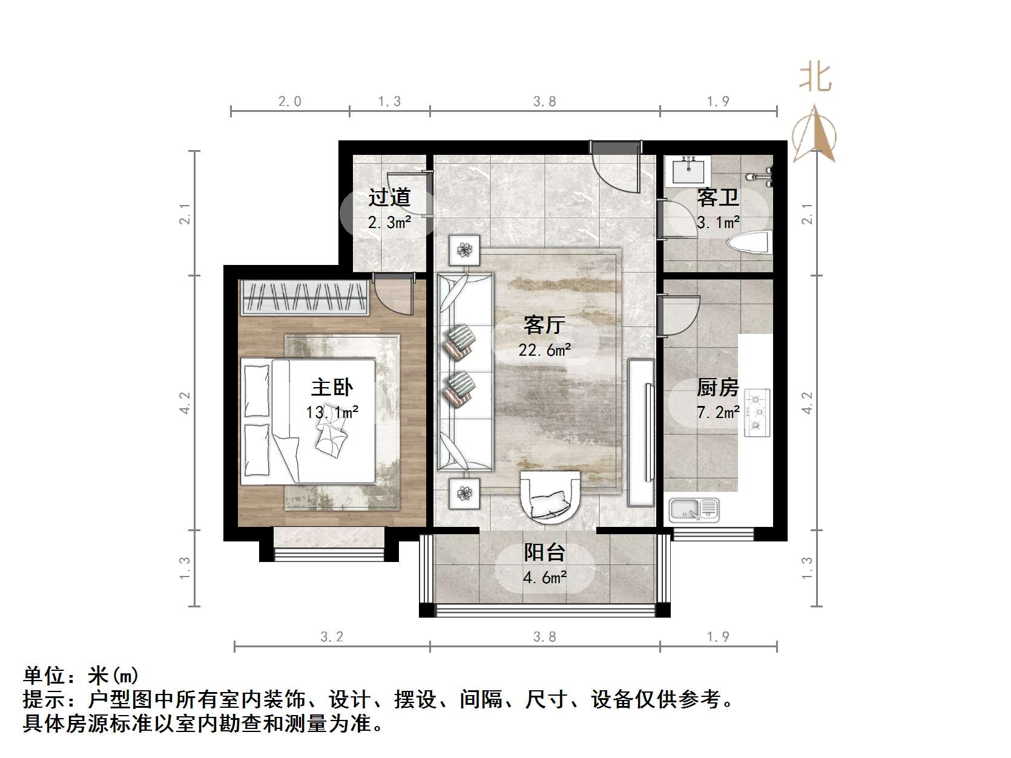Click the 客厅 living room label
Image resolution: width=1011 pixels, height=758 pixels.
(x=544, y=325)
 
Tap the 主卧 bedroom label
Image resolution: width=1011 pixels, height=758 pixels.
(x=332, y=388)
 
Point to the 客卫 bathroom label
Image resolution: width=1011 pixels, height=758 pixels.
(x=718, y=197)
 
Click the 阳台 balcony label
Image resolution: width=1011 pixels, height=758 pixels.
(x=544, y=552)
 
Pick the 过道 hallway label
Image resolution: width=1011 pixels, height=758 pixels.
(x=389, y=197)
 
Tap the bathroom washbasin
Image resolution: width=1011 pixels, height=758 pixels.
(x=688, y=170)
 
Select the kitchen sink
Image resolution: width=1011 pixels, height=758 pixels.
(x=694, y=510)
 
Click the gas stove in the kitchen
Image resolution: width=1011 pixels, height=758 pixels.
(x=757, y=413)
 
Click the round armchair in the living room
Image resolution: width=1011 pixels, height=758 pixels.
(x=549, y=495)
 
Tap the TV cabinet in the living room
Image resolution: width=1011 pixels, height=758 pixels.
(x=641, y=432)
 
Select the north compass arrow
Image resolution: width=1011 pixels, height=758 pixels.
(x=814, y=134)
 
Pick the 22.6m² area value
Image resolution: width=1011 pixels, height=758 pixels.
(x=544, y=350)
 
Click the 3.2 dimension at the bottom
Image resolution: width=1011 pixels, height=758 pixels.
(x=332, y=636)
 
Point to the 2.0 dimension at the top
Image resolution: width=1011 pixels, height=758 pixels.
(x=290, y=101)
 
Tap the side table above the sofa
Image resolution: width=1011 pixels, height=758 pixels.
(x=464, y=249)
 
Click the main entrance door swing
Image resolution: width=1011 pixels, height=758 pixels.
(x=616, y=167)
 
